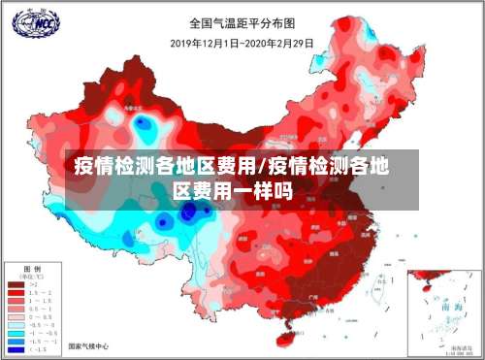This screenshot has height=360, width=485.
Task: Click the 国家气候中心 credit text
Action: [x=88, y=345]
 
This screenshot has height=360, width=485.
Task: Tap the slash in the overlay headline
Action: [x=264, y=166]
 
